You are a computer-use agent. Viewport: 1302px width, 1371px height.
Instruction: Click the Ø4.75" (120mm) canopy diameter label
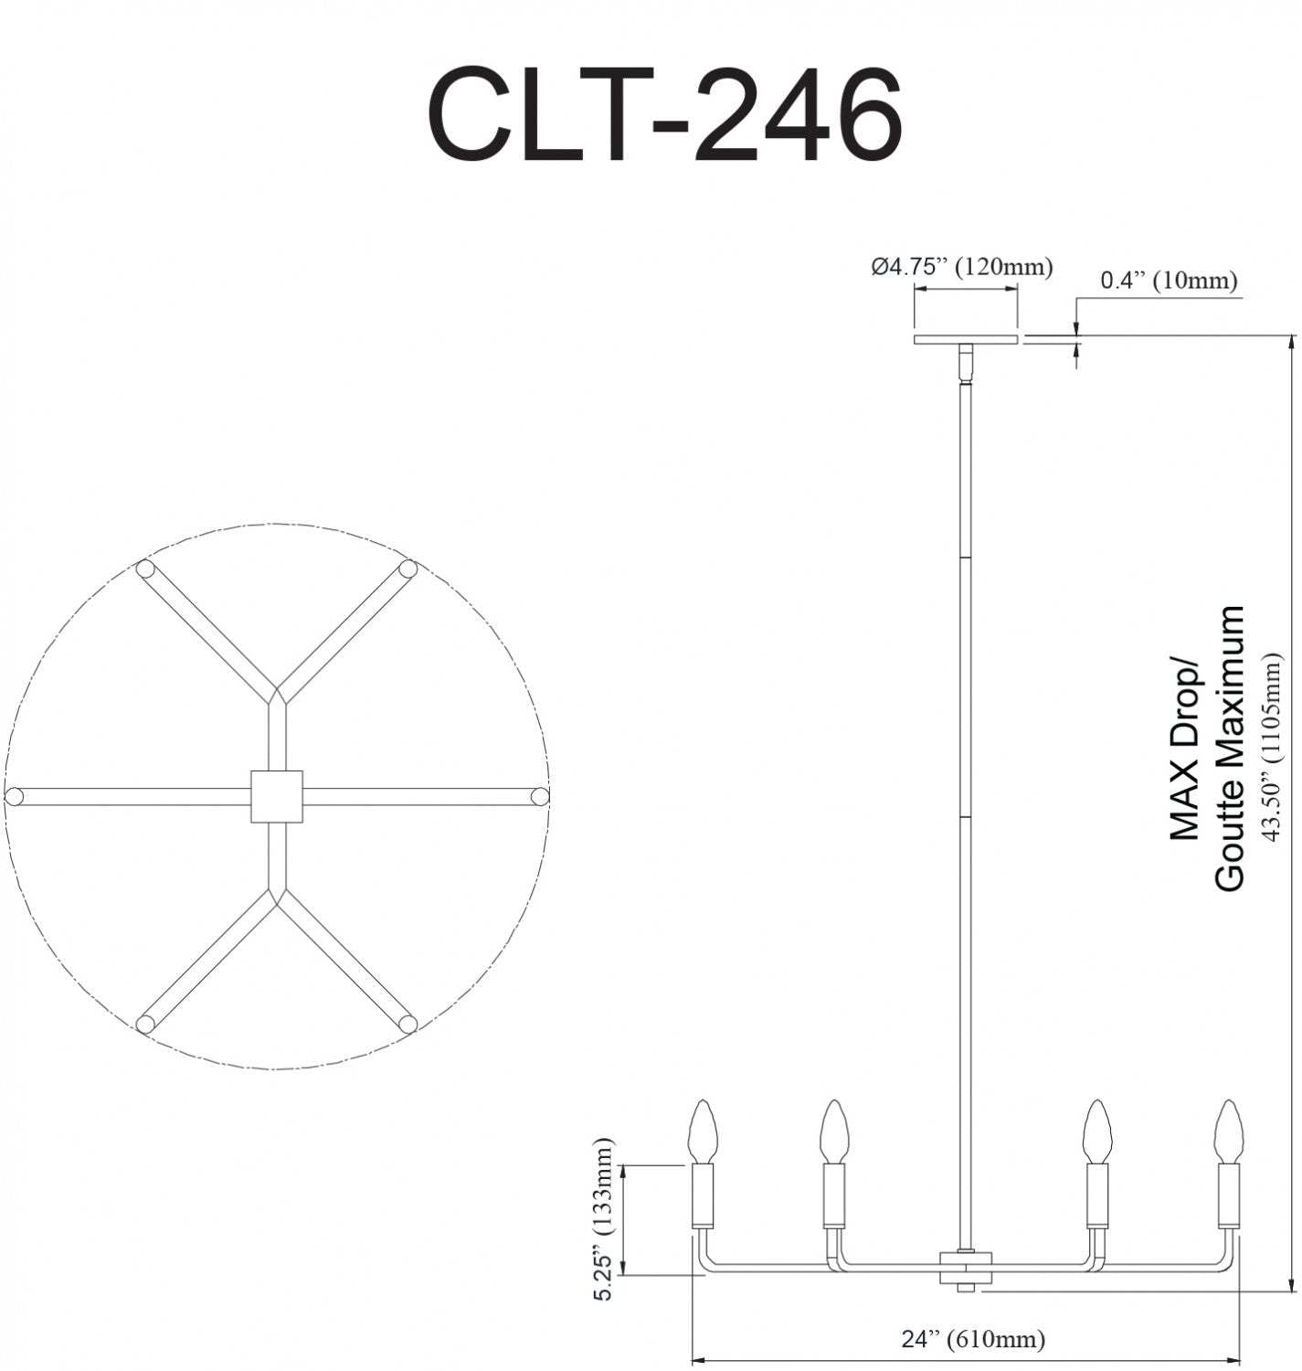pyautogui.click(x=961, y=267)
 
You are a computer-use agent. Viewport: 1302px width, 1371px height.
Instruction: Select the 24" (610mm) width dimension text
pyautogui.click(x=972, y=1339)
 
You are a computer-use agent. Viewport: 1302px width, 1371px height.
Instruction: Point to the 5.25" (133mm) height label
pyautogui.click(x=604, y=1219)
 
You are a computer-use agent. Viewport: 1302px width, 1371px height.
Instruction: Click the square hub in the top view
pyautogui.click(x=276, y=796)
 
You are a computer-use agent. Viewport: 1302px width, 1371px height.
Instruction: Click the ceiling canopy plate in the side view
pyautogui.click(x=966, y=340)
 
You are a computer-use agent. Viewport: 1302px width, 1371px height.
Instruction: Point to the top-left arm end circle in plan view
pyautogui.click(x=144, y=569)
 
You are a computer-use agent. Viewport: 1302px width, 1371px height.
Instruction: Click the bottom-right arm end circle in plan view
pyautogui.click(x=408, y=1024)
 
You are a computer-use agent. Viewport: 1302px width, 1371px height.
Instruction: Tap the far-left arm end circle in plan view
pyautogui.click(x=13, y=796)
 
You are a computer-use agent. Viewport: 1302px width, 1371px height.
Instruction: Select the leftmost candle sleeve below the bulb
pyautogui.click(x=703, y=1196)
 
